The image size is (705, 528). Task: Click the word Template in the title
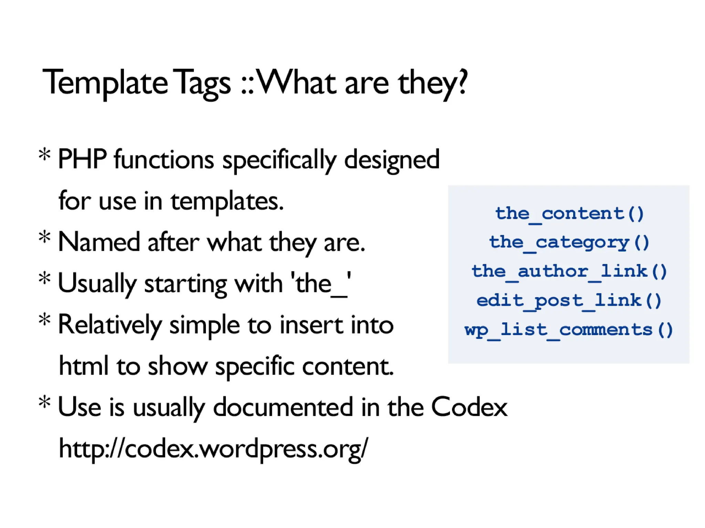coord(105,83)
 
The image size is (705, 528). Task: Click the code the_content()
coord(569,214)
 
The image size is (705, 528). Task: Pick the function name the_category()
coord(569,243)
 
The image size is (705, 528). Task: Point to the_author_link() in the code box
coord(569,271)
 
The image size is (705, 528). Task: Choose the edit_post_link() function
coord(569,301)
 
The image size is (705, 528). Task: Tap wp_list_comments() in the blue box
coord(569,330)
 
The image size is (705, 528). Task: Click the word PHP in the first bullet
coord(82,159)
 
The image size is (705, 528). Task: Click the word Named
coord(99,242)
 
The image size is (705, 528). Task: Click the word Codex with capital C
coord(469,407)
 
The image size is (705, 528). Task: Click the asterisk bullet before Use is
coord(45,402)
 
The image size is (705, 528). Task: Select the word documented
coord(283,407)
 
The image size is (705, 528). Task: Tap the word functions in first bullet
coord(164,160)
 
